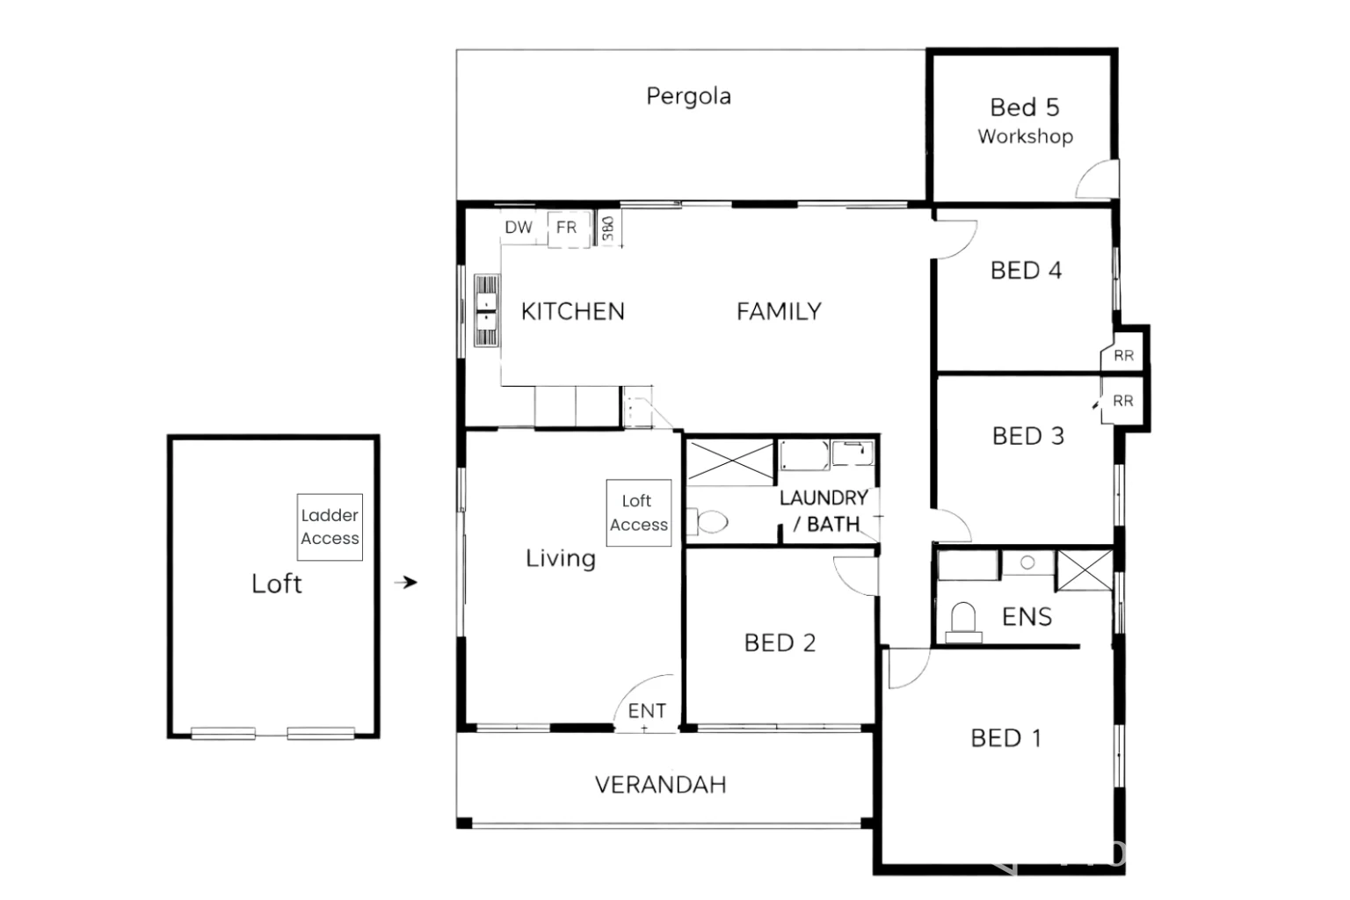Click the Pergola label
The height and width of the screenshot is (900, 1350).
(688, 96)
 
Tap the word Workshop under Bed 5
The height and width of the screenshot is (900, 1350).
(1025, 136)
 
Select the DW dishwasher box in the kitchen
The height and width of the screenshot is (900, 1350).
(519, 227)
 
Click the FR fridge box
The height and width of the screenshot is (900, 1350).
(567, 229)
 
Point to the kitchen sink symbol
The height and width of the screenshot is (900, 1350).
(486, 309)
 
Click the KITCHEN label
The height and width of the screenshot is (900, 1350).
(572, 311)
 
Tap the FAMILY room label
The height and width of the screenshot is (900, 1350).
(779, 311)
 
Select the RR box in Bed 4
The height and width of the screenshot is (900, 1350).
(1123, 355)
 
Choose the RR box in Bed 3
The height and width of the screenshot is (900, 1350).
(1122, 401)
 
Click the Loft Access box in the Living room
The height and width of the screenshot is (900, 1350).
(638, 512)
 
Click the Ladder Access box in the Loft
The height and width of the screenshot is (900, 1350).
(330, 526)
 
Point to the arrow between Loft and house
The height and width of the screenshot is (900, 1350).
(405, 582)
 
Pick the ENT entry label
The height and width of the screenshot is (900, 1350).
(647, 710)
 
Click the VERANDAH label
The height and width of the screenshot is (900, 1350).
(660, 785)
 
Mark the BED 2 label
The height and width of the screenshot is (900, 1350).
(780, 643)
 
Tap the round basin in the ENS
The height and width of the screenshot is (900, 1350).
(1027, 562)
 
